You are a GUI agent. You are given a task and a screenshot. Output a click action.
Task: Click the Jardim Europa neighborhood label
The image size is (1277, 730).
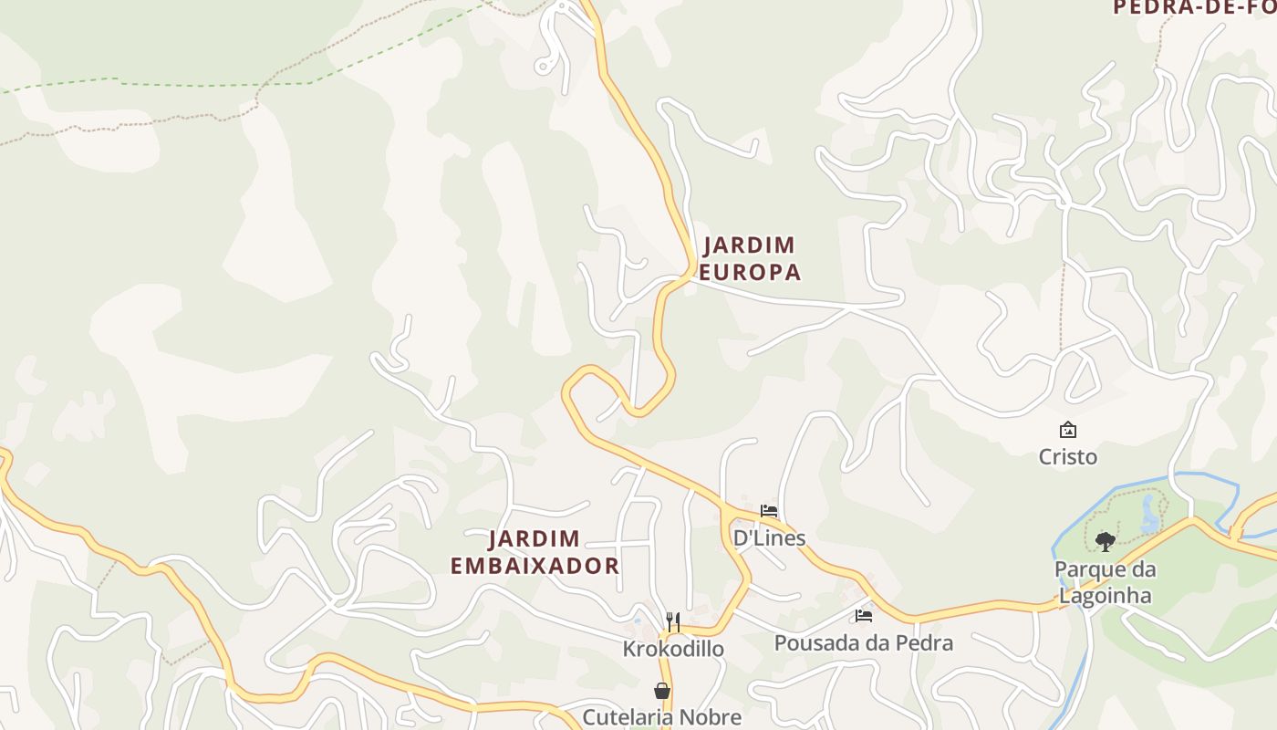[750, 258]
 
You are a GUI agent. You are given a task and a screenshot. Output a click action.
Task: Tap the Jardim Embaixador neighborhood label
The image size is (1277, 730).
[535, 552]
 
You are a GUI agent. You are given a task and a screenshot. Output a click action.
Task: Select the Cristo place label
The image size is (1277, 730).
[1067, 456]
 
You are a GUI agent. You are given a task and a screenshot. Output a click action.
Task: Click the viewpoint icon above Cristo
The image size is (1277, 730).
[1067, 429]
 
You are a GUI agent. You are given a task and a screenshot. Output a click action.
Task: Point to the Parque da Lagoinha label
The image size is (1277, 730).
[1105, 582]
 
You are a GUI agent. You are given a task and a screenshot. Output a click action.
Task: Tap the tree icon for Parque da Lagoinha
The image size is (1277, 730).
[1106, 542]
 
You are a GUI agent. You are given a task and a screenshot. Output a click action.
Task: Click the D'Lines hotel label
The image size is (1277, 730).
[769, 537]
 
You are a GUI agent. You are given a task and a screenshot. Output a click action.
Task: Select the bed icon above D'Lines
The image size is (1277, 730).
[769, 511]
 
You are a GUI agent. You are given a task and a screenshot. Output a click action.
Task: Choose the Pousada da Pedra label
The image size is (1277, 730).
[863, 642]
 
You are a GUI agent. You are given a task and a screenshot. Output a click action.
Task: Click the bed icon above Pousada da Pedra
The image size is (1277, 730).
[863, 616]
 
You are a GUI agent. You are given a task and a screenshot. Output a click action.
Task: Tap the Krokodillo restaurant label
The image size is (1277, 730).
[673, 649]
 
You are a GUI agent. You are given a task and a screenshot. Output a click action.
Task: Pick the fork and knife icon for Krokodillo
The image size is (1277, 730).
[673, 622]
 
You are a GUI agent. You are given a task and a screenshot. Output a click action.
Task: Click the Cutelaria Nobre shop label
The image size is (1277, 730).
[661, 717]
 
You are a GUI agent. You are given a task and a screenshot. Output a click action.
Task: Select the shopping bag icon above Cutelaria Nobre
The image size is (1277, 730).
[662, 692]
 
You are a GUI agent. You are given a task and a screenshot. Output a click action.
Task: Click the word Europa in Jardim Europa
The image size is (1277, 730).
[750, 272]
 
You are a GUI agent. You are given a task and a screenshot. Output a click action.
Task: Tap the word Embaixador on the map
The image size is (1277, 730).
[535, 566]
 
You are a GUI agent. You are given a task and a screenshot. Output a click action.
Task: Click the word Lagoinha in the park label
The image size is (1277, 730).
[1105, 596]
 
